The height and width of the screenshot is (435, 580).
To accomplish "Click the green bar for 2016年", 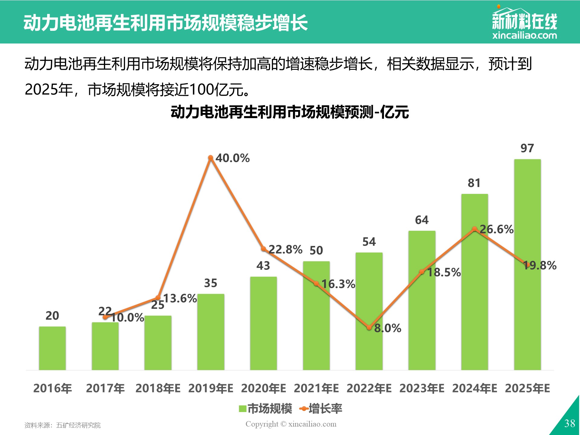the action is click(52, 348).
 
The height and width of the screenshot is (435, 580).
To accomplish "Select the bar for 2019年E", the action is click(211, 332).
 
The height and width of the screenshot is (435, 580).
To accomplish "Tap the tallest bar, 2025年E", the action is click(527, 265).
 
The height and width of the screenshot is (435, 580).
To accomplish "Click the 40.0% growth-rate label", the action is click(233, 158).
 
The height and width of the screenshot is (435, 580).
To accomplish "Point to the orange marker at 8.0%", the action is click(369, 328).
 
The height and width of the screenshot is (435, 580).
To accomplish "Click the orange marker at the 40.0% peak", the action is click(211, 158).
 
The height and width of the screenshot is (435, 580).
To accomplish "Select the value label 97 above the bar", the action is click(527, 148).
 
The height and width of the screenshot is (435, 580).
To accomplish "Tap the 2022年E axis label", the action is click(369, 388).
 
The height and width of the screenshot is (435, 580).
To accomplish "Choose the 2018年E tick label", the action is click(158, 388).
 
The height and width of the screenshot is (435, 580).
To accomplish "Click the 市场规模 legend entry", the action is click(266, 409).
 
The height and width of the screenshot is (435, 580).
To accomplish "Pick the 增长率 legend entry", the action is click(321, 409).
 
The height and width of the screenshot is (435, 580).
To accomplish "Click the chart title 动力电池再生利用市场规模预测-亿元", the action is click(290, 112).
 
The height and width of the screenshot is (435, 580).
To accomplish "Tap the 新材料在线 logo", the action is click(525, 22).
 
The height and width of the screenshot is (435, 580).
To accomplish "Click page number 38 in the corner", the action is click(570, 423).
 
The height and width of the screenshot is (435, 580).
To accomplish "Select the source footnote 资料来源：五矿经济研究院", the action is click(63, 425).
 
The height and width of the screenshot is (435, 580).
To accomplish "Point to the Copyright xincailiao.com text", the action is click(291, 424).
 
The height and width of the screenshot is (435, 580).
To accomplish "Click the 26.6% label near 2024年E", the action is click(497, 229).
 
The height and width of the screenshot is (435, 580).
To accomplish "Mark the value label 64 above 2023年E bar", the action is click(422, 220).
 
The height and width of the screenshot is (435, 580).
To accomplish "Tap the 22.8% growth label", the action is click(285, 250).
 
